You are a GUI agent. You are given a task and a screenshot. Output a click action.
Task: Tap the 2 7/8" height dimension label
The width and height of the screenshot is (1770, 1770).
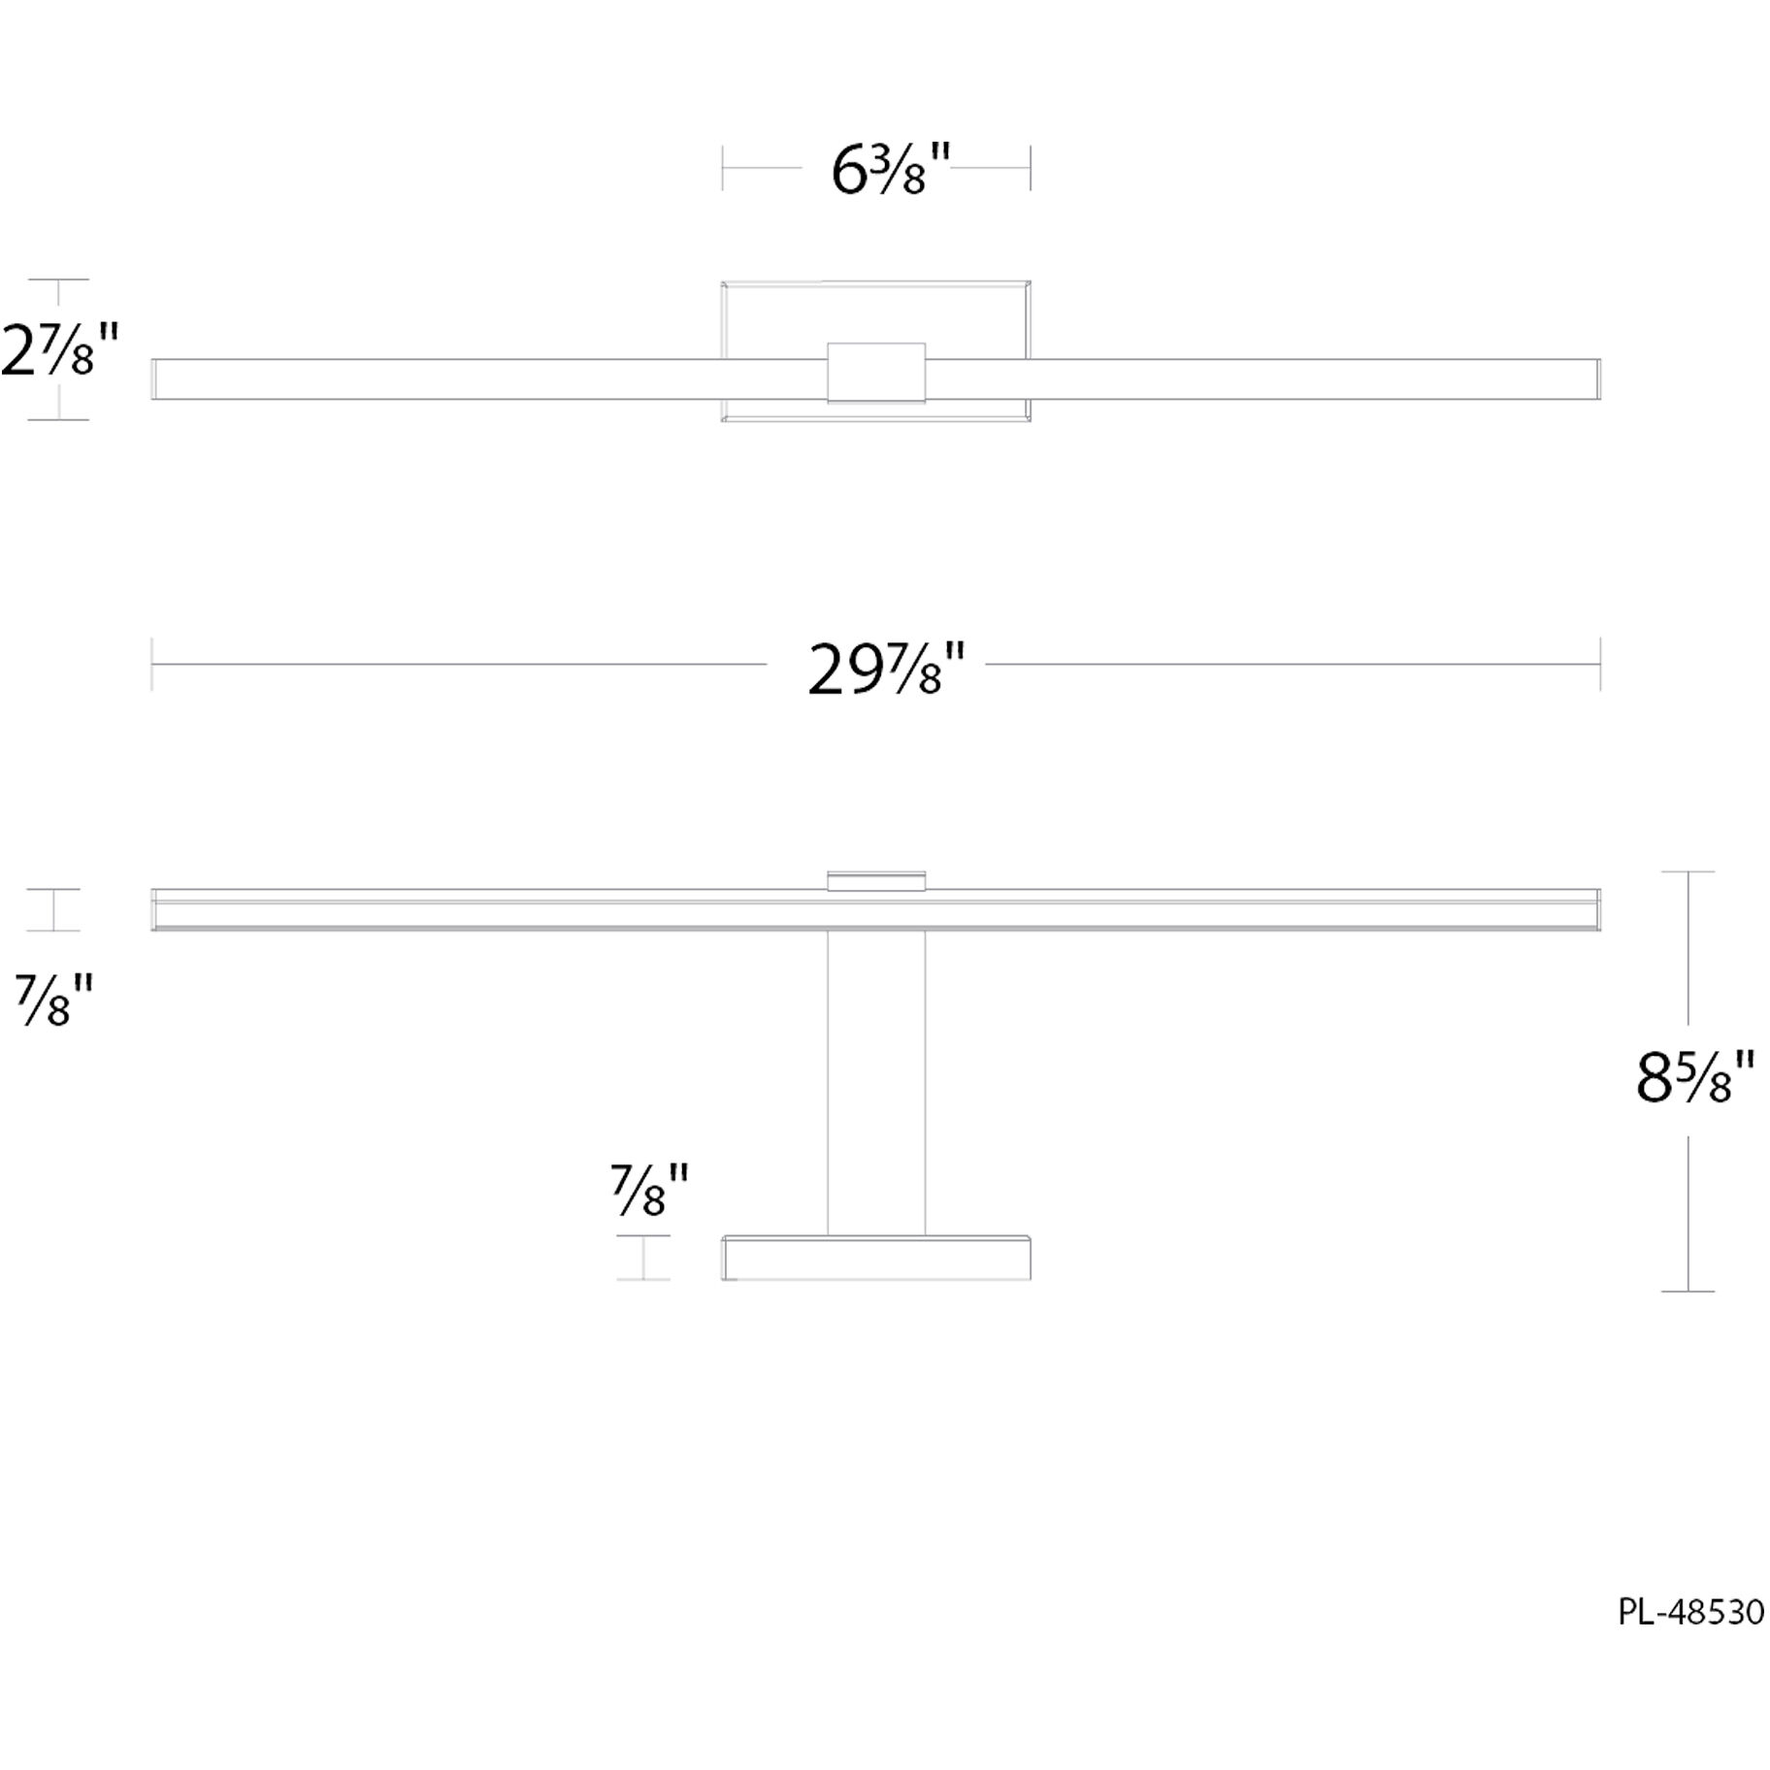(60, 350)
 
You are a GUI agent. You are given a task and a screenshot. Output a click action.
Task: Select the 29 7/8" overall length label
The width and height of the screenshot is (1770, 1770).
(885, 671)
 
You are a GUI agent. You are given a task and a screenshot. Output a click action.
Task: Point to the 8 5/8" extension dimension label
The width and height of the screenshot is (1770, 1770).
(1694, 1079)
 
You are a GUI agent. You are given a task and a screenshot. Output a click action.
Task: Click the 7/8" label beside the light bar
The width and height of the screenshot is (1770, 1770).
(53, 1000)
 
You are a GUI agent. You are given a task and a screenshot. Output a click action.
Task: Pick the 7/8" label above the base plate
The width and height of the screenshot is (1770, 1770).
(648, 1190)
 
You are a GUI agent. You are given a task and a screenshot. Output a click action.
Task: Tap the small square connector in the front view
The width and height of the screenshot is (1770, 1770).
(875, 372)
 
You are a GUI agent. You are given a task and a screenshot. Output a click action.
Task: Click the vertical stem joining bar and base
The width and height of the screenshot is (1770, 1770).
(875, 1082)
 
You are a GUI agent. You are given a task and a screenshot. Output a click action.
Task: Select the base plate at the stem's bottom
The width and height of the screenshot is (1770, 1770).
(875, 1258)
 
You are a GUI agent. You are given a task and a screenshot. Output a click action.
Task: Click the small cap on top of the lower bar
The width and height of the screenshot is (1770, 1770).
(875, 880)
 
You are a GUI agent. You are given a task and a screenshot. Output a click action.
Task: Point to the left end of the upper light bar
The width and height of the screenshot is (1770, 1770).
(155, 378)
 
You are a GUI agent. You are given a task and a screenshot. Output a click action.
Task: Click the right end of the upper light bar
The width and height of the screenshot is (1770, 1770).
(1596, 378)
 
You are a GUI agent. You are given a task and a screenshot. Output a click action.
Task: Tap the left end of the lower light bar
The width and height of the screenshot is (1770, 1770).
(155, 909)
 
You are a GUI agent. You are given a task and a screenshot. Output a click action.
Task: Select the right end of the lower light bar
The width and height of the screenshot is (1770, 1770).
(1596, 909)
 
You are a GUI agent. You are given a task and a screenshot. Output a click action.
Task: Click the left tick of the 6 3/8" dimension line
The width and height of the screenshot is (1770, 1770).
(722, 168)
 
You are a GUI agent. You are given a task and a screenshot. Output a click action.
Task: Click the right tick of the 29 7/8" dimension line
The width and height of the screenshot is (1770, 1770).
(1599, 665)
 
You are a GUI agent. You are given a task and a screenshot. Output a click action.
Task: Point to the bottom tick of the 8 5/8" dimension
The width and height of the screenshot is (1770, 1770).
(1688, 1291)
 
